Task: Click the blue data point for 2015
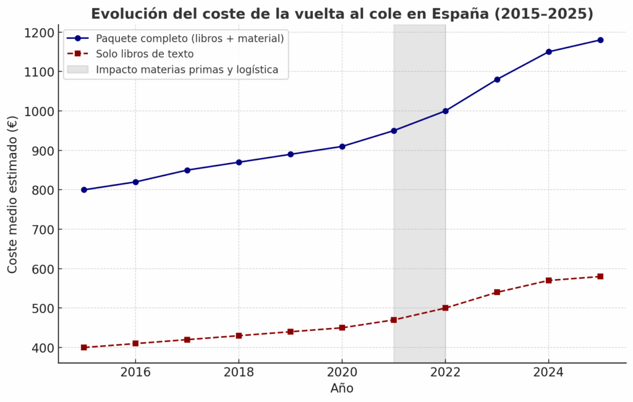(x=84, y=190)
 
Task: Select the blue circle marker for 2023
(x=497, y=79)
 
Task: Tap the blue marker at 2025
(x=600, y=40)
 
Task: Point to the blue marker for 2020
(x=342, y=146)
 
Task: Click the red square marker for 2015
(x=84, y=347)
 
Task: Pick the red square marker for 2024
(x=548, y=280)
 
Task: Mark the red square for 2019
(x=291, y=332)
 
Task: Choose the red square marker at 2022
(x=445, y=308)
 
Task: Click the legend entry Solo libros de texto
(x=145, y=54)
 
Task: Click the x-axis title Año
(x=342, y=388)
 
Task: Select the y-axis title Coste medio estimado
(x=13, y=195)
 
